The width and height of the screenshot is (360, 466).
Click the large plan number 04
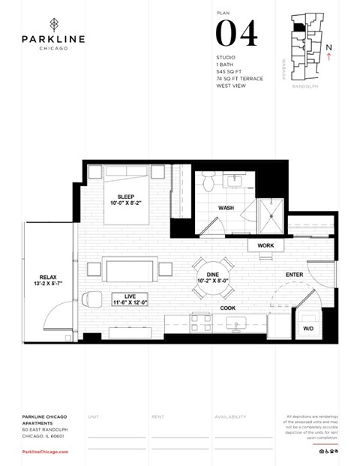[236, 34]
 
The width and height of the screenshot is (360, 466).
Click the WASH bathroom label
[226, 208]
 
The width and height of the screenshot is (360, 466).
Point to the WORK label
[266, 245]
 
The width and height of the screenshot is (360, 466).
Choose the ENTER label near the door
[295, 275]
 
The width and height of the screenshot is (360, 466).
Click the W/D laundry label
[308, 329]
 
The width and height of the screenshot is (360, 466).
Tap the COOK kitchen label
[229, 308]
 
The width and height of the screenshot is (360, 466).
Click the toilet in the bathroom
[208, 182]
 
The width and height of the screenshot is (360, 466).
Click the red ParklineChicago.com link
[46, 451]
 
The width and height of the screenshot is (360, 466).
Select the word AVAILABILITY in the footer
[232, 416]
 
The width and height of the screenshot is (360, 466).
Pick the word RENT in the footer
[157, 416]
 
